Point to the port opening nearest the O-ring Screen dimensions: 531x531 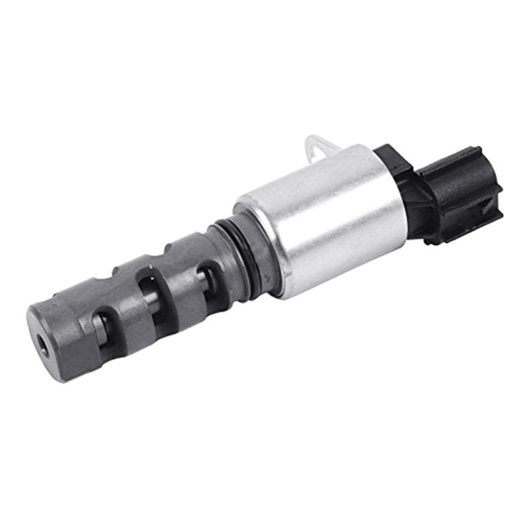point(207,279)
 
